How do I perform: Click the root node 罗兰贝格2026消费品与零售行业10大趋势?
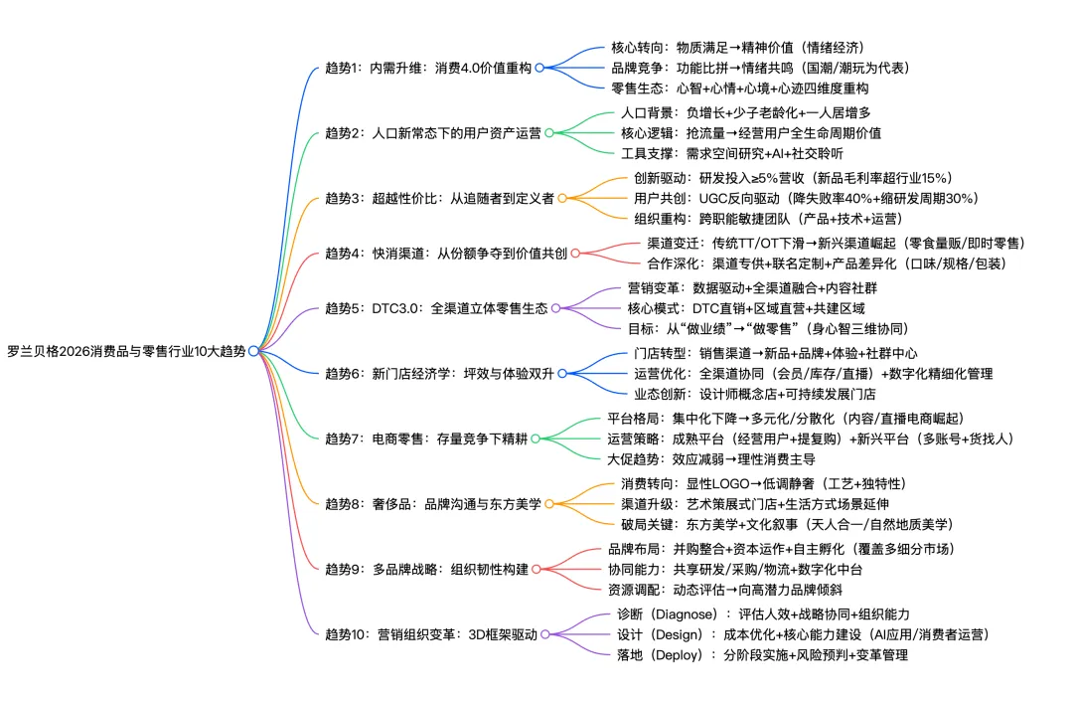[x=127, y=351]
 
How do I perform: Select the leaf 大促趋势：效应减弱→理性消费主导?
[x=710, y=458]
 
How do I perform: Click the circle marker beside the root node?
[x=254, y=351]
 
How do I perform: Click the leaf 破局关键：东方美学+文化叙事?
[x=786, y=524]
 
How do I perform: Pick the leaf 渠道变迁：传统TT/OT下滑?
[x=835, y=243]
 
